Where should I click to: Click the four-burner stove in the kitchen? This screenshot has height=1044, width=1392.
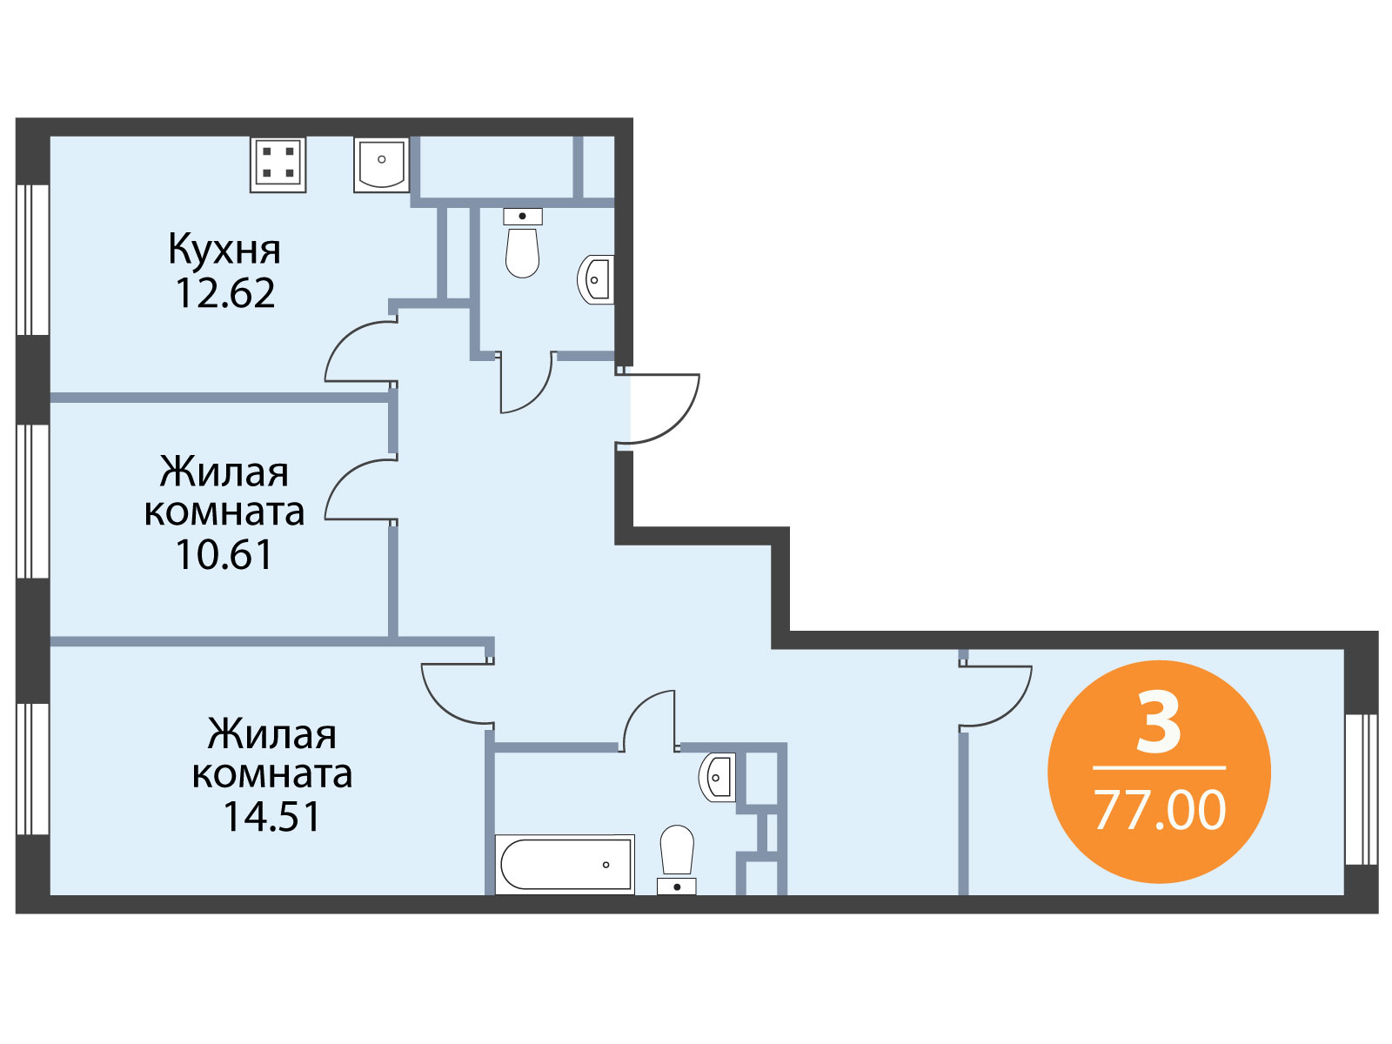(x=278, y=164)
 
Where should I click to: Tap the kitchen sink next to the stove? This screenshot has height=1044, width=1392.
(x=381, y=164)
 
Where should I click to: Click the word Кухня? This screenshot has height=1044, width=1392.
(x=224, y=251)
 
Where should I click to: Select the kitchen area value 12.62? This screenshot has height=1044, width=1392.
(x=225, y=293)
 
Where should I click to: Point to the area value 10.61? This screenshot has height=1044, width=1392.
(x=224, y=554)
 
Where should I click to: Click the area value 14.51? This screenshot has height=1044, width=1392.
(x=272, y=816)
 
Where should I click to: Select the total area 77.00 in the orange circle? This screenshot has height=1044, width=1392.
(x=1159, y=810)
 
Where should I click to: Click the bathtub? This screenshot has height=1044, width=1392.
(x=565, y=864)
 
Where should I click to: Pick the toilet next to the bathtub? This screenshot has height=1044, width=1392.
(x=677, y=860)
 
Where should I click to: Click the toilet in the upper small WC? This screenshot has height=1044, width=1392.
(x=523, y=243)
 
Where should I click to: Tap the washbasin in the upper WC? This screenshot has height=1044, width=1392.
(x=596, y=279)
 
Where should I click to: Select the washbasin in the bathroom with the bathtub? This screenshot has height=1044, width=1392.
(x=717, y=777)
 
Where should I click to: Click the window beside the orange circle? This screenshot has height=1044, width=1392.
(x=1361, y=789)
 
